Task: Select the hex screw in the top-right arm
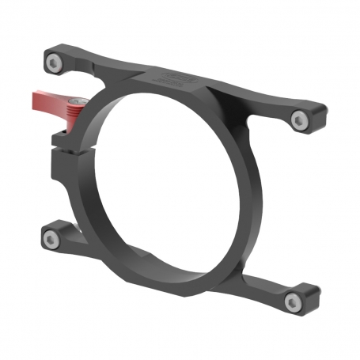298,120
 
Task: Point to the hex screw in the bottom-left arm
50,238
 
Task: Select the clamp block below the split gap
64,166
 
